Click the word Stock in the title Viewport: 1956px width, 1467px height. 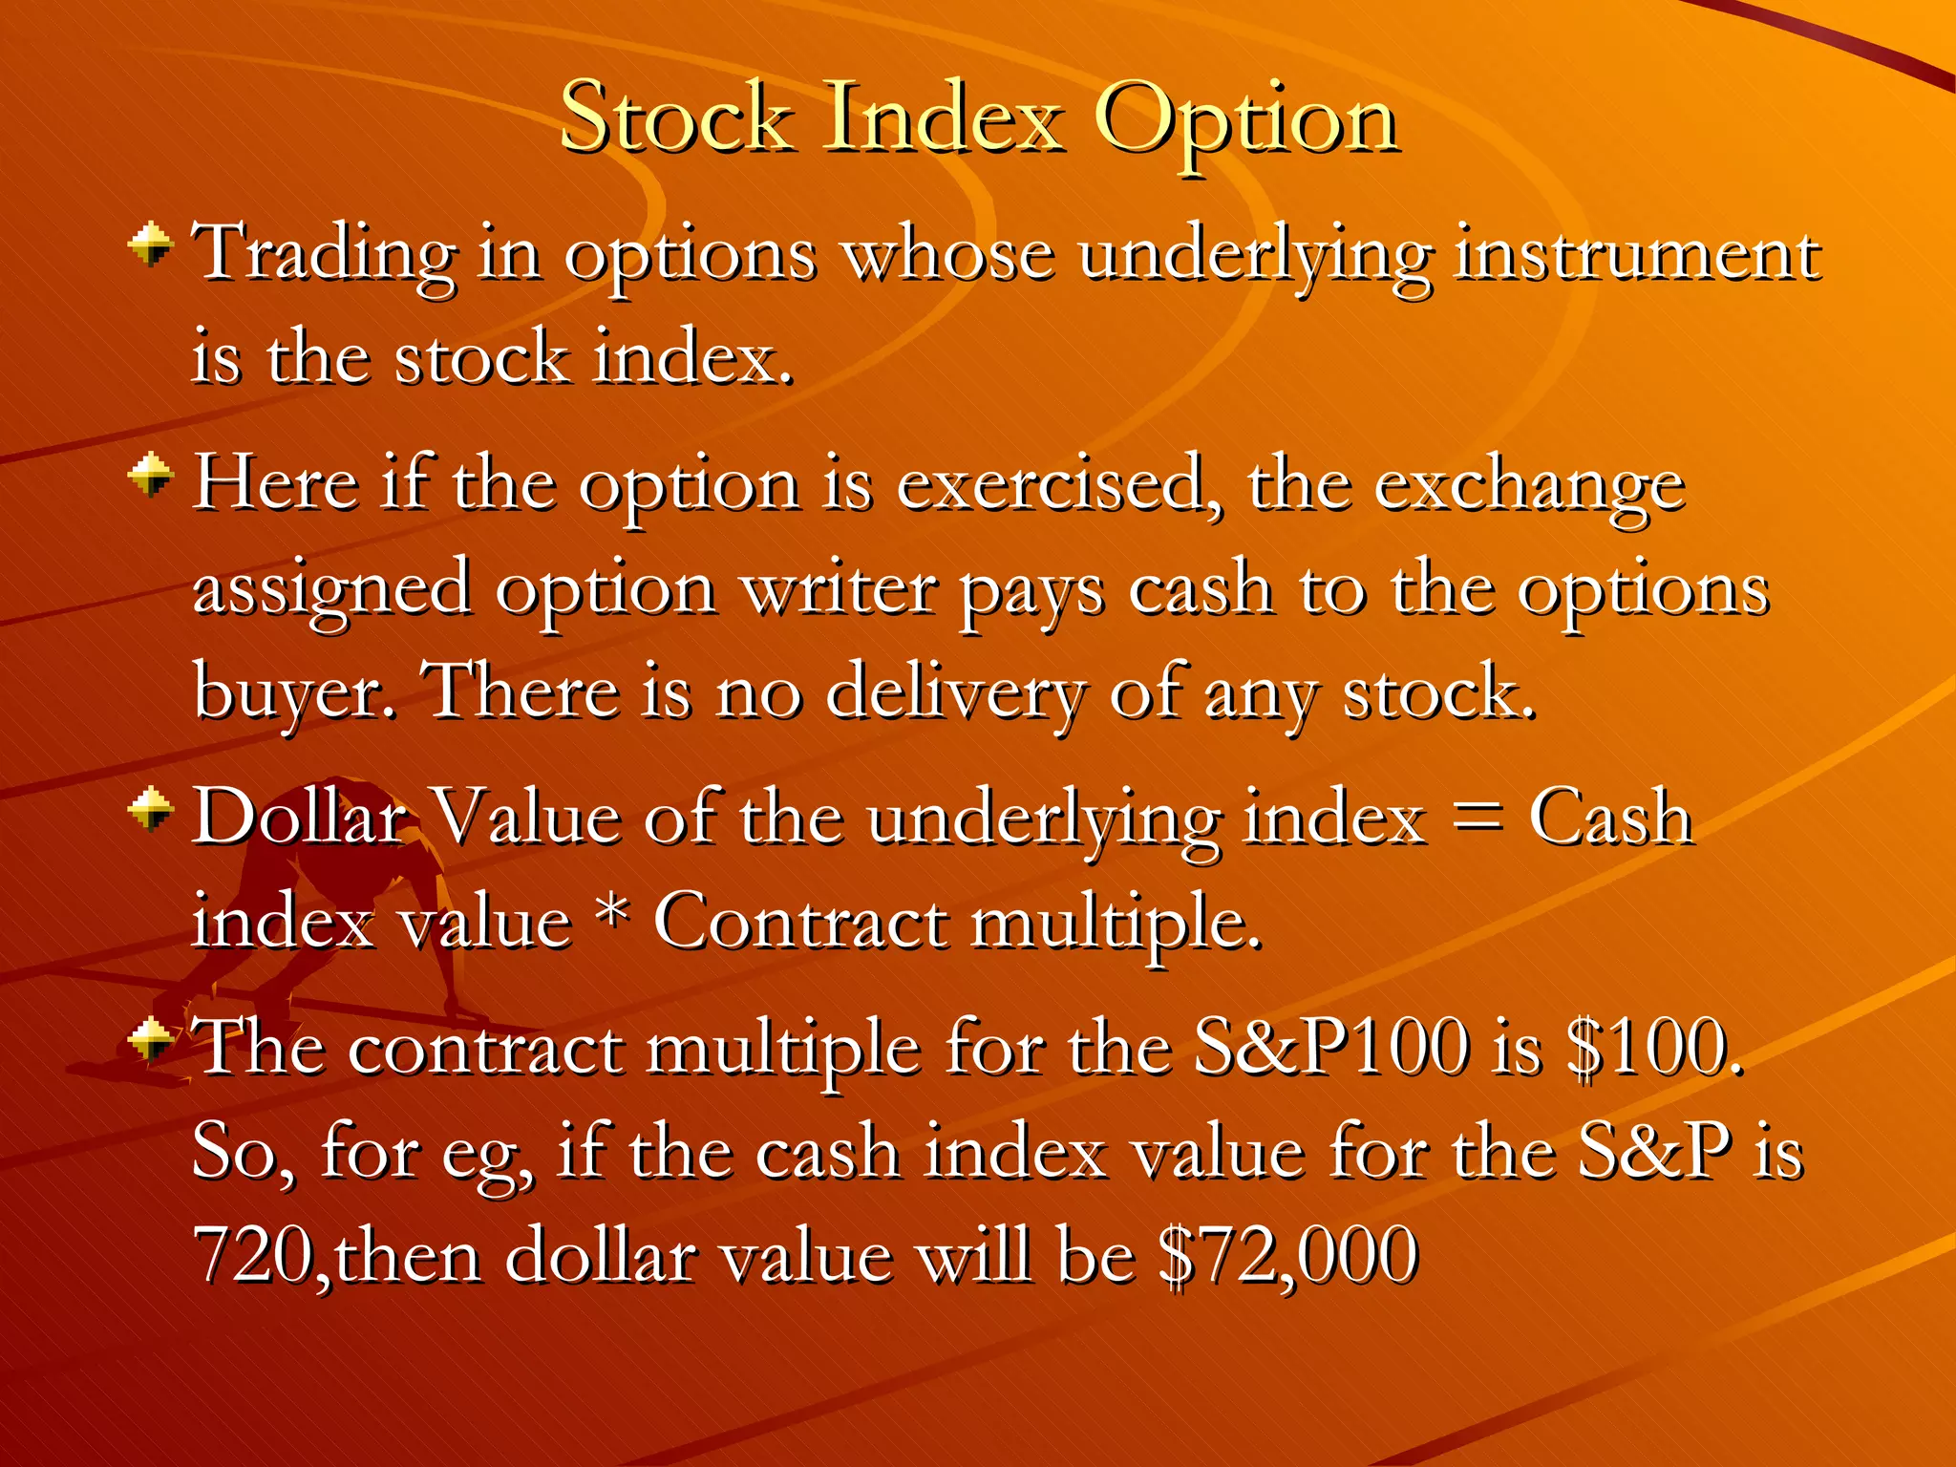[676, 118]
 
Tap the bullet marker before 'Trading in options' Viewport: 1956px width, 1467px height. [150, 244]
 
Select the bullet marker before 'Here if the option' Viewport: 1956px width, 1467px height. [150, 474]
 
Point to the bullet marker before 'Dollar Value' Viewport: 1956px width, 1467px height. [150, 810]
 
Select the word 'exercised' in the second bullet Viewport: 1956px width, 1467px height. [1050, 485]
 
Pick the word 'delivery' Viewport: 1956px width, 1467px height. [954, 691]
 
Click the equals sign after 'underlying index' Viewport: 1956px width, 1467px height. [1477, 819]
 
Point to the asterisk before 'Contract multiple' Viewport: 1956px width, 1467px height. [612, 915]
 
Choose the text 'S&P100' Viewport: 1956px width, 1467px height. [1332, 1048]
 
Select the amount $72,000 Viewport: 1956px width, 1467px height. [1287, 1255]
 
